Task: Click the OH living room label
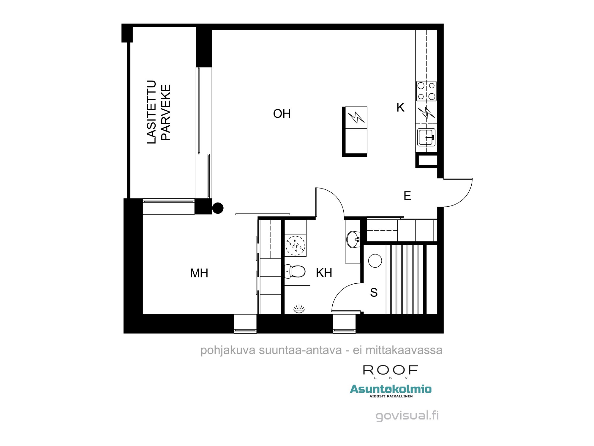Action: point(282,114)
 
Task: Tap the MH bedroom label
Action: point(199,273)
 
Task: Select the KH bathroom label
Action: point(324,273)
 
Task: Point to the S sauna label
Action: point(374,293)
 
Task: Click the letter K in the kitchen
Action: point(400,108)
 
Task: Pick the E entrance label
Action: point(407,196)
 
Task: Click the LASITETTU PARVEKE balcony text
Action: point(159,112)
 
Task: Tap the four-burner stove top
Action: point(426,91)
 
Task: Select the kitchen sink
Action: point(426,137)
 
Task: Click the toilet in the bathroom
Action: point(296,271)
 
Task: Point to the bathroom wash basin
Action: point(353,239)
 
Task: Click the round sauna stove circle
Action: point(375,261)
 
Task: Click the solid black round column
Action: point(218,208)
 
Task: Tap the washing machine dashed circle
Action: point(295,246)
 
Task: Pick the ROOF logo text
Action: point(390,370)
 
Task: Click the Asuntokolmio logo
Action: point(391,389)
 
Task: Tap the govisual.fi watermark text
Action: point(407,415)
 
